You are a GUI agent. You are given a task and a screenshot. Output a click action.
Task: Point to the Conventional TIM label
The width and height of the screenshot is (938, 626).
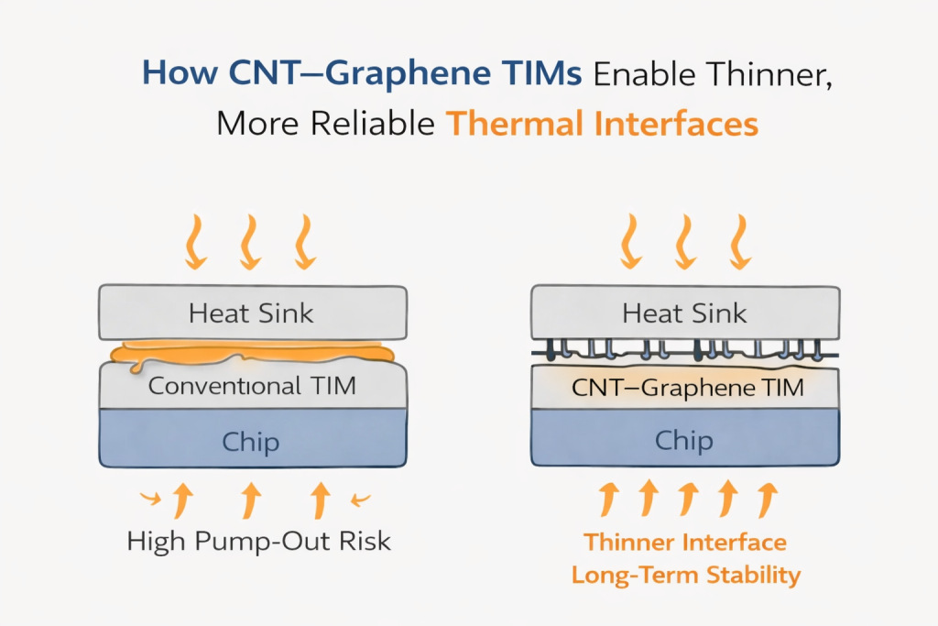click(x=251, y=386)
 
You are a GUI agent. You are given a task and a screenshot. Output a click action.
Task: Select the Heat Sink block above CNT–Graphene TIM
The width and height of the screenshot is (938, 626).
click(x=684, y=313)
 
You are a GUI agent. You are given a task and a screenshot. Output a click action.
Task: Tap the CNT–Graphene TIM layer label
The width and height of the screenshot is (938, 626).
click(x=687, y=387)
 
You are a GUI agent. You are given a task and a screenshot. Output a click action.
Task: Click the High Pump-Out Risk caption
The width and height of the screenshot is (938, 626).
click(x=259, y=541)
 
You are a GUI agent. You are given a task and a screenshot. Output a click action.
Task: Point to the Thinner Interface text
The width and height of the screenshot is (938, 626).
click(x=685, y=542)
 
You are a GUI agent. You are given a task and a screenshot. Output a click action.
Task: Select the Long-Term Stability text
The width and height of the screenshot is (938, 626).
click(x=685, y=576)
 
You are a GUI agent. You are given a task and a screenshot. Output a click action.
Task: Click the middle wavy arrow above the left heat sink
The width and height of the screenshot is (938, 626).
click(x=248, y=241)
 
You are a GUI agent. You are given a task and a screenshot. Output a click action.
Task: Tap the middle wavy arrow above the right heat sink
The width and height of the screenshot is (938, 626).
click(x=684, y=241)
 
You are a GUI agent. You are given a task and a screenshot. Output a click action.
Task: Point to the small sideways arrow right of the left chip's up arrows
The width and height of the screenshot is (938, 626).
click(x=361, y=499)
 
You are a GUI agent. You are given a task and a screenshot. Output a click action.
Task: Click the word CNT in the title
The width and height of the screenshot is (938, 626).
click(x=263, y=74)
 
